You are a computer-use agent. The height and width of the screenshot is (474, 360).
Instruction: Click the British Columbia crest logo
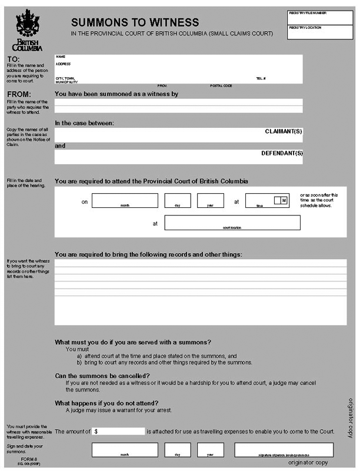27,29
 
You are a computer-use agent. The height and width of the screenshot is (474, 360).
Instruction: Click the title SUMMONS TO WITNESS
135,22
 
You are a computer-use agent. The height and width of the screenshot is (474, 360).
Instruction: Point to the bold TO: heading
13,59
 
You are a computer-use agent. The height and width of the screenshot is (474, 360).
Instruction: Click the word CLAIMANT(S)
283,131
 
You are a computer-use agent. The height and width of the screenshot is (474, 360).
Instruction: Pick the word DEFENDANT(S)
282,153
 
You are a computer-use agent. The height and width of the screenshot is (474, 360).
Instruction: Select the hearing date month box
125,200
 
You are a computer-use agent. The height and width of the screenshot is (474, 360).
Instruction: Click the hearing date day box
178,200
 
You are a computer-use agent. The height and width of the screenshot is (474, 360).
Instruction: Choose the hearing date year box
210,200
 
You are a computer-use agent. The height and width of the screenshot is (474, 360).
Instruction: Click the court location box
232,223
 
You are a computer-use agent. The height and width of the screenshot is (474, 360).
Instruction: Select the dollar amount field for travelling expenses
118,431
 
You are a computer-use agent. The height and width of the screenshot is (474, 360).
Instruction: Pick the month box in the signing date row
125,450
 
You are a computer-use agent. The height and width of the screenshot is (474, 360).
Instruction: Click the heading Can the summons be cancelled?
102,376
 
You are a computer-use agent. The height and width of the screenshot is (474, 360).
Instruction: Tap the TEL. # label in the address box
261,78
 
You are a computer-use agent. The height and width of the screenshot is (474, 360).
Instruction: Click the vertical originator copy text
350,418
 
